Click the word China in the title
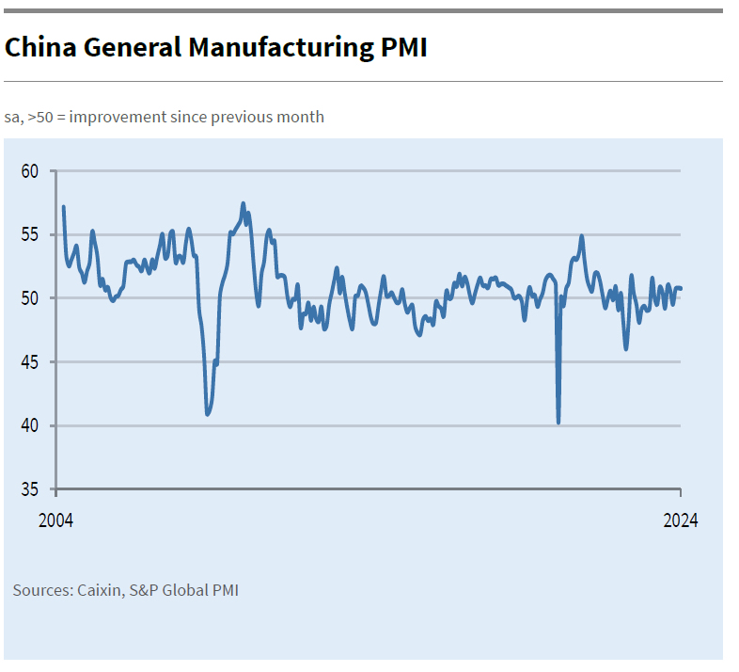tap(40, 47)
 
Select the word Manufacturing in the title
tap(281, 48)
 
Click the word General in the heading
tap(133, 47)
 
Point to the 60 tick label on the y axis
tap(29, 171)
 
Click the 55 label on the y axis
tap(29, 234)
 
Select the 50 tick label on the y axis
tap(29, 298)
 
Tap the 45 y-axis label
tap(29, 362)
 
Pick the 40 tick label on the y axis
tap(29, 425)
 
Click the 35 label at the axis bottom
tap(29, 489)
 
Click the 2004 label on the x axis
tap(55, 520)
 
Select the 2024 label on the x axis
tap(681, 520)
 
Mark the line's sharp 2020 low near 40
tap(558, 423)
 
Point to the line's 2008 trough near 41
tap(208, 414)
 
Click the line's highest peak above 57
tap(244, 204)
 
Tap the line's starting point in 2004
tap(64, 207)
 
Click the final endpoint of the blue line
tap(681, 289)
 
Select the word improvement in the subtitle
tap(118, 117)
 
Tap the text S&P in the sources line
tap(145, 590)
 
